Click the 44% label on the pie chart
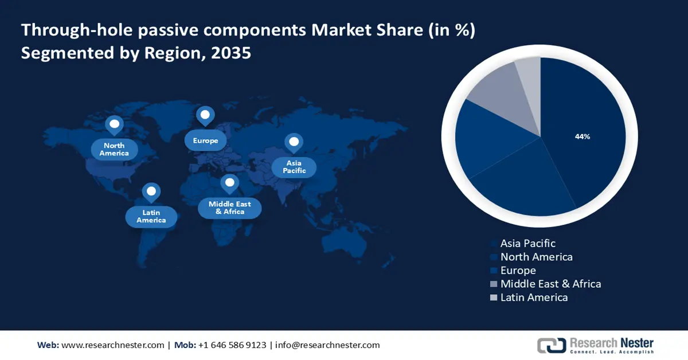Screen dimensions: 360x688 click(x=583, y=136)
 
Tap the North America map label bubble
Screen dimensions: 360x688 click(x=114, y=150)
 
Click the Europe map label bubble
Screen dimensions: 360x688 click(x=205, y=140)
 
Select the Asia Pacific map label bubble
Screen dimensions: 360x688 click(x=294, y=167)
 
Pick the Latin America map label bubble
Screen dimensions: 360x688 click(x=151, y=216)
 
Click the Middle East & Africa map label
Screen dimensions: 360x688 click(x=229, y=208)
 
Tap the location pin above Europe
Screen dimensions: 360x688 click(x=205, y=116)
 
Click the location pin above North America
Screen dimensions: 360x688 click(x=114, y=124)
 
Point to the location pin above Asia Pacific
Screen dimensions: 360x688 click(x=294, y=142)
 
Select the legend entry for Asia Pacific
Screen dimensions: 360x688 click(x=527, y=244)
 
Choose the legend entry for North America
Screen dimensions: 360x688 click(x=536, y=257)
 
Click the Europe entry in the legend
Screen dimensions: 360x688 click(x=518, y=270)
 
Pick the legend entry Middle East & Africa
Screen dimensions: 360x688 click(x=550, y=284)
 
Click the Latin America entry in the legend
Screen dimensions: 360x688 click(x=534, y=297)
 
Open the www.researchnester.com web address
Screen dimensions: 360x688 click(x=113, y=345)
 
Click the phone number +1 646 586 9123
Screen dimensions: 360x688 click(x=232, y=345)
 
